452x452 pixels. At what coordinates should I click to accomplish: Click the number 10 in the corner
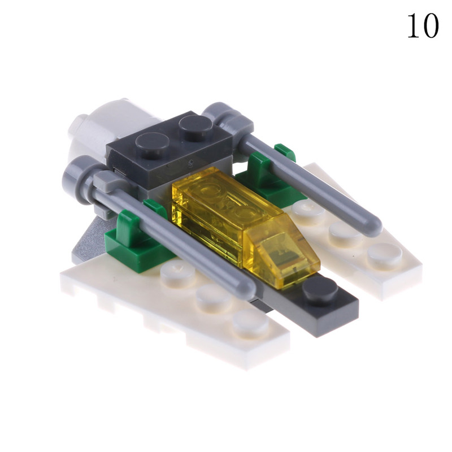pos(423,26)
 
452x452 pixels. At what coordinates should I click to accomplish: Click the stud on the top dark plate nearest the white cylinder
pos(152,144)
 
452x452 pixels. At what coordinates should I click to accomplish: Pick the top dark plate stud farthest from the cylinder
pos(195,125)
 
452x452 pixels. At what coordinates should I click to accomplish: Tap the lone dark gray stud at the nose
pos(320,289)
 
